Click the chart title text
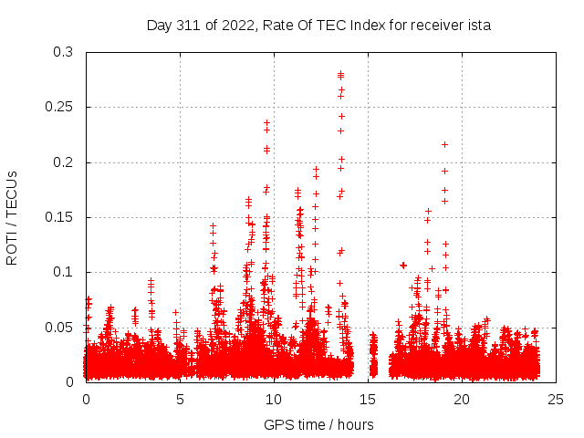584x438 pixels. (x=318, y=26)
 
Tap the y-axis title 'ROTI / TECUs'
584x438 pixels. (x=12, y=217)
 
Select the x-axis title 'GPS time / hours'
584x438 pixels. (x=318, y=424)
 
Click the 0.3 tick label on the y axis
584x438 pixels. (x=63, y=53)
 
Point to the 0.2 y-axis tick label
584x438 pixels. (x=63, y=162)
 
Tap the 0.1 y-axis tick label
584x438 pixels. (x=63, y=272)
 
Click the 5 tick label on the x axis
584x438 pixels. (x=180, y=399)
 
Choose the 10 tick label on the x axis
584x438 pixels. (x=274, y=399)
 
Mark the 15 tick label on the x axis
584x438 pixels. (x=368, y=399)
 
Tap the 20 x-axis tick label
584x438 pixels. (x=462, y=399)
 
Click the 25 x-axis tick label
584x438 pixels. (x=556, y=399)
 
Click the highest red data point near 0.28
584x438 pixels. (x=340, y=74)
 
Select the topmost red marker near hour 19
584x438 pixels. (x=444, y=144)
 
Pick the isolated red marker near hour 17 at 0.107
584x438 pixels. (x=402, y=265)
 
